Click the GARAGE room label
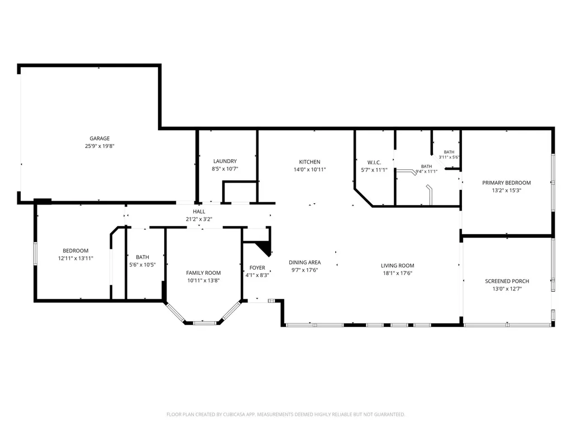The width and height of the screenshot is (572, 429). (99, 139)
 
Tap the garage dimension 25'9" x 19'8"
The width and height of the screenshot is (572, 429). (99, 146)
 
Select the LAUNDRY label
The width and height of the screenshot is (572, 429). (225, 161)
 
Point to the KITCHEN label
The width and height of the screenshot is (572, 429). (309, 162)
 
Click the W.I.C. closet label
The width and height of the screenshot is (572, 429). (374, 163)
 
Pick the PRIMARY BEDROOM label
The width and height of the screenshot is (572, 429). (506, 183)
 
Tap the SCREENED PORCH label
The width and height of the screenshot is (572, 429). (507, 282)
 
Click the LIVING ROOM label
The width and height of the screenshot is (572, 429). (398, 265)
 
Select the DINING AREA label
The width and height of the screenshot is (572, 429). (305, 263)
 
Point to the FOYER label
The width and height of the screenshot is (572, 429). (257, 268)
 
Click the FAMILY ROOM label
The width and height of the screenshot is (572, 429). (203, 273)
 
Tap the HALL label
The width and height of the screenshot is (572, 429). (199, 212)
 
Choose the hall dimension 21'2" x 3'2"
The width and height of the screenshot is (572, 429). (199, 219)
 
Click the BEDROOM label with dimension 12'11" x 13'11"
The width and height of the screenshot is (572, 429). (75, 251)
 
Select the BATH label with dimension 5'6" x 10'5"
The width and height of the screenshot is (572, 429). (142, 257)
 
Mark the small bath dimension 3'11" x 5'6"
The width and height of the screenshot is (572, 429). (449, 157)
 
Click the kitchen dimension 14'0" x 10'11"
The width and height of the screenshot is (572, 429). (309, 170)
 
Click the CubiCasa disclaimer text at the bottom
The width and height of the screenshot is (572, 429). (285, 414)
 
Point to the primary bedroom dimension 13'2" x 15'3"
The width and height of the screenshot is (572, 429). (506, 190)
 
